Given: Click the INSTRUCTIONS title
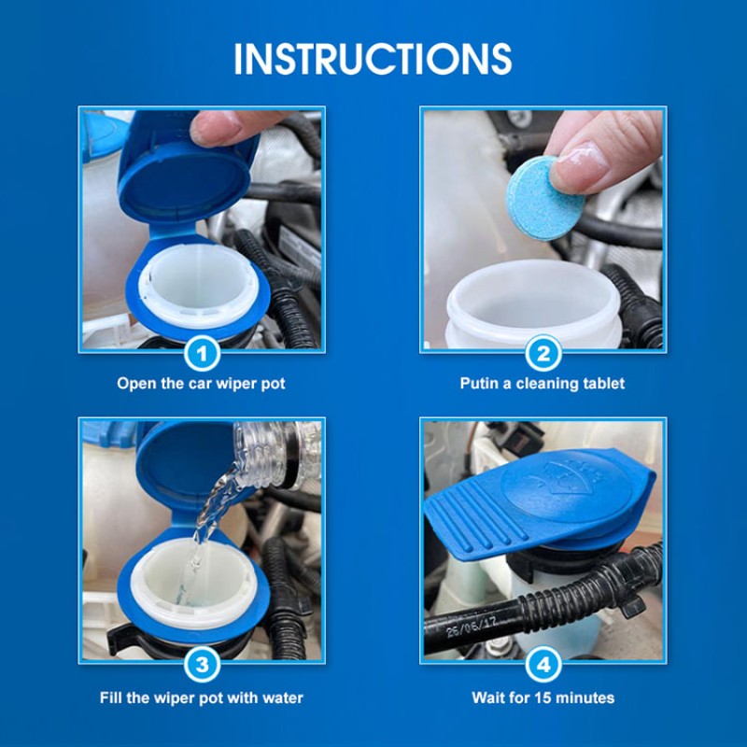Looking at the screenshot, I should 373,58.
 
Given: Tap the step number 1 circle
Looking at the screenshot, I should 204,353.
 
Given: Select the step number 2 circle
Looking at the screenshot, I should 543,353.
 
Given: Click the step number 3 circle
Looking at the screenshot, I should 204,665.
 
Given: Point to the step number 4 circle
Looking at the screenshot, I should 543,665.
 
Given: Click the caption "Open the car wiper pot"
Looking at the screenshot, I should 203,383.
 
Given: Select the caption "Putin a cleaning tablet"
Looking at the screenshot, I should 543,383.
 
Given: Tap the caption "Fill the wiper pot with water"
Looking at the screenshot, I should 203,698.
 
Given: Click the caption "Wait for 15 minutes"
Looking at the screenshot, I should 543,698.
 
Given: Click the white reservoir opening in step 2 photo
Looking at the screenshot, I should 532,303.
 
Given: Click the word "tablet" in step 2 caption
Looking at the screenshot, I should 602,383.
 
